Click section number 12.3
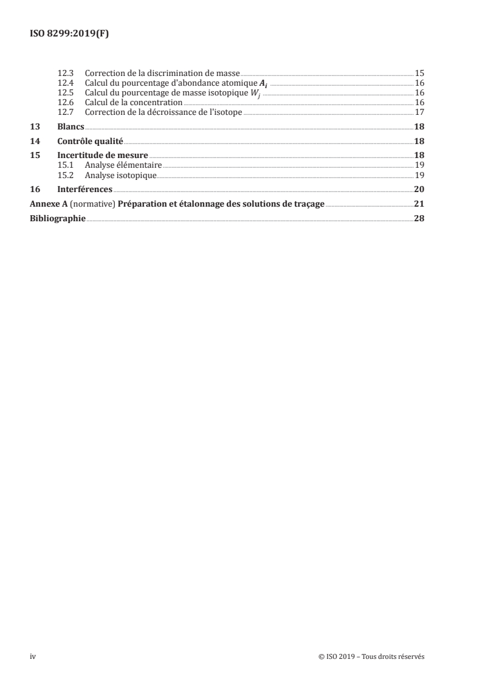(x=65, y=74)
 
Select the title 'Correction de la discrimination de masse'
(x=162, y=74)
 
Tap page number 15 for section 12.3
(x=419, y=74)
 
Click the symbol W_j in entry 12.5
(x=264, y=93)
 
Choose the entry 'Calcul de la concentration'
(x=134, y=103)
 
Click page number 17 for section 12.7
(x=419, y=112)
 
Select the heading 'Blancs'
(x=71, y=127)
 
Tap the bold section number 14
(x=35, y=141)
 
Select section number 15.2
(x=65, y=174)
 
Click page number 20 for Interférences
(x=419, y=189)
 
